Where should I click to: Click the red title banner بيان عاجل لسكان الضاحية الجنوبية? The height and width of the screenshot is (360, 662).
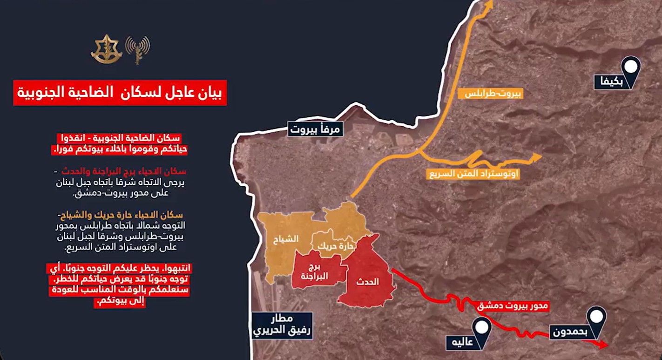(120, 93)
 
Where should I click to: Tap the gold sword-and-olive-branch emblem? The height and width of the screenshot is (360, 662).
(106, 49)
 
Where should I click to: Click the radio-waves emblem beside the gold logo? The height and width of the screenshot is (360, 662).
(138, 49)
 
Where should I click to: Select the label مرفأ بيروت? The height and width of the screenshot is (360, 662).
(316, 129)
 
